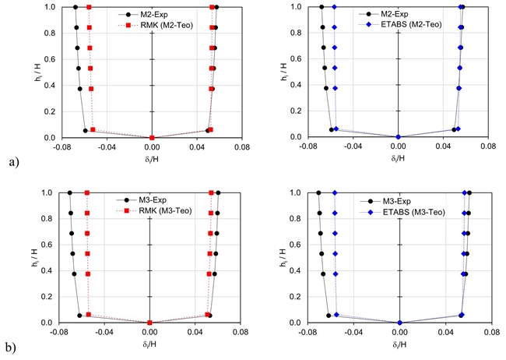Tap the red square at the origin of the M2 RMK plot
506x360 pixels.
pos(153,137)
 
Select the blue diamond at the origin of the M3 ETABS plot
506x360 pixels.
pos(399,323)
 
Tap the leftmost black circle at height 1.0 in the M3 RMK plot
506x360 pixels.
pos(69,192)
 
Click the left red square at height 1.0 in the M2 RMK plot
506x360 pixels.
pos(89,7)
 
